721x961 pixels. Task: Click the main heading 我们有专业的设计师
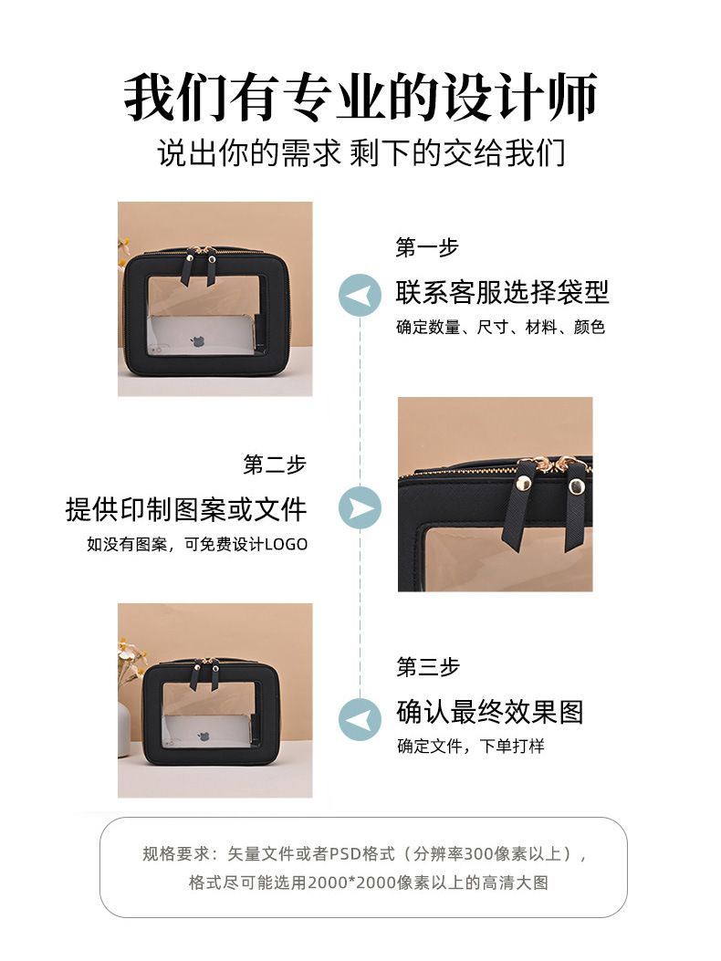[360, 98]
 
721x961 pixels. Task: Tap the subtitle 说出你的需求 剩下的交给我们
[360, 151]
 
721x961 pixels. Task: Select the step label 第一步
[426, 247]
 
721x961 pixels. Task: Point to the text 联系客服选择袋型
[502, 292]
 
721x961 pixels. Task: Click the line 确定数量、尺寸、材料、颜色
[500, 326]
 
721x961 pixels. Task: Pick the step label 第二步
[275, 464]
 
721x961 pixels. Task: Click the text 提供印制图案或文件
[186, 508]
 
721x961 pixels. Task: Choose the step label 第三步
[427, 667]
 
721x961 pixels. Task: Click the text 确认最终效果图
[489, 712]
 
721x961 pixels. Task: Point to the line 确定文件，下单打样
[470, 746]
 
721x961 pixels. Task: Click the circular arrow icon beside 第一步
[360, 295]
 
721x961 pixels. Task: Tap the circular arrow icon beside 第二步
[360, 507]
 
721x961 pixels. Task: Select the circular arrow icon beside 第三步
[360, 718]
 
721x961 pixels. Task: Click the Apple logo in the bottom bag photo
[196, 735]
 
